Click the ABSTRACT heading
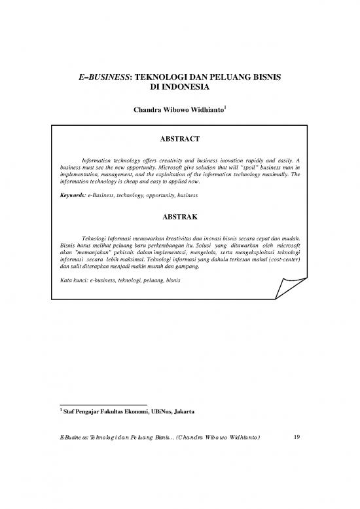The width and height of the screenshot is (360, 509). tap(179, 139)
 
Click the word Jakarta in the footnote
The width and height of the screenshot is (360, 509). tap(178, 411)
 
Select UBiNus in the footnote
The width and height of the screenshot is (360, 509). tap(151, 411)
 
